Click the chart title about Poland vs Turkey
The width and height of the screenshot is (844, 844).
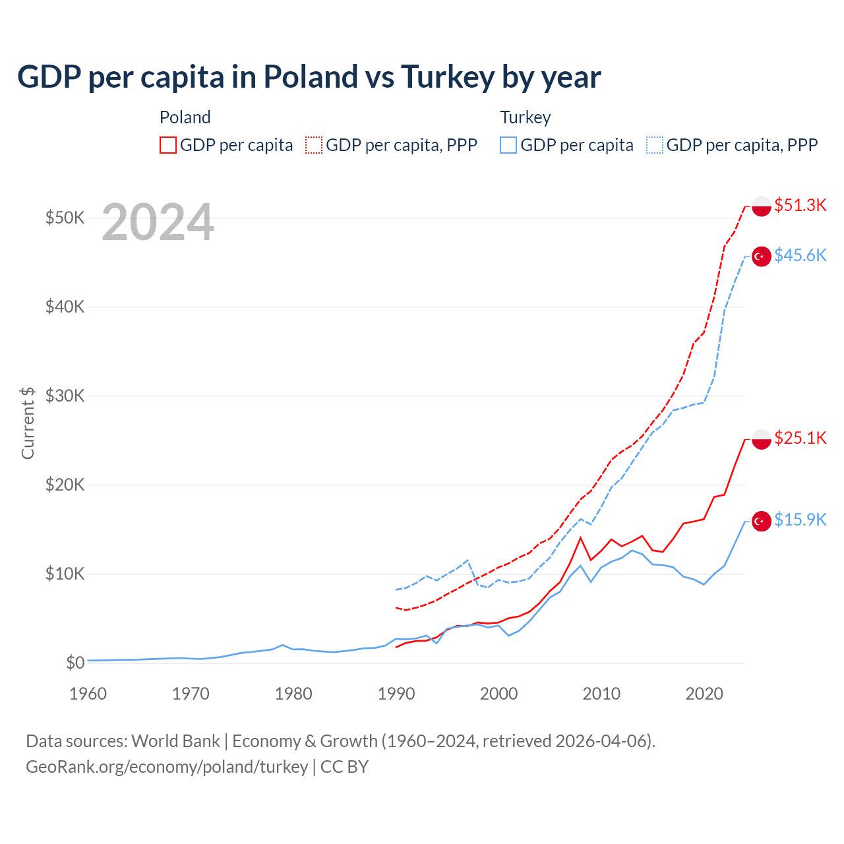309,77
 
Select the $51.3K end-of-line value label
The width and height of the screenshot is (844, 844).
800,205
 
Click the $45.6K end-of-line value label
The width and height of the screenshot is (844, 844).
800,255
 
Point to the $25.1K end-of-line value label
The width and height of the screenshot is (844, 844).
800,438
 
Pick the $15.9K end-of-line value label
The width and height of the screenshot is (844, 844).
800,520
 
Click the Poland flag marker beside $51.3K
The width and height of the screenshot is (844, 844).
762,206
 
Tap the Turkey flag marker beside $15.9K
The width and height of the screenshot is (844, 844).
762,521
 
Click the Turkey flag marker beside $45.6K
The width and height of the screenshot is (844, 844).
762,256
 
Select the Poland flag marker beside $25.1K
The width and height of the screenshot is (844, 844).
762,439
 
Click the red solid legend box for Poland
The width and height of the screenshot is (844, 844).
168,145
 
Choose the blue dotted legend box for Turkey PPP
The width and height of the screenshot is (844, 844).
655,145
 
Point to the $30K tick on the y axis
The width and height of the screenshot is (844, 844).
65,396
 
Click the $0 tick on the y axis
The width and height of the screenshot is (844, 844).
75,663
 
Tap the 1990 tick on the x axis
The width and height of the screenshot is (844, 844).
396,694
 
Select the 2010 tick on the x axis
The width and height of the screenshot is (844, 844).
601,694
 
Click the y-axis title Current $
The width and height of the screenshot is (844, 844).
28,423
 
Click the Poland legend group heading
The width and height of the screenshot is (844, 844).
185,117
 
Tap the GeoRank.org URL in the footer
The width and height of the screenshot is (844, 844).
167,767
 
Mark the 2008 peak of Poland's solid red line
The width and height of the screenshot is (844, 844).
581,537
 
